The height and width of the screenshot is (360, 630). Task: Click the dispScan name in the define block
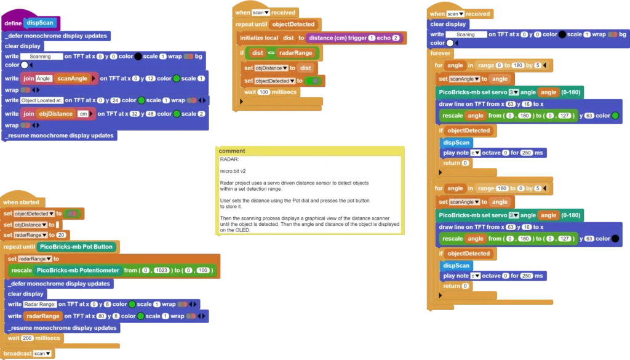point(40,23)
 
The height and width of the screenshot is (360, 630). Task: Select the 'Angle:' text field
point(44,79)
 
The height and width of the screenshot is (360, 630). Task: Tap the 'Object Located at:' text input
point(42,100)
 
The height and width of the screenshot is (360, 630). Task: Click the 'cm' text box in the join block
point(83,114)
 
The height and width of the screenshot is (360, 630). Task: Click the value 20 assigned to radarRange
point(61,235)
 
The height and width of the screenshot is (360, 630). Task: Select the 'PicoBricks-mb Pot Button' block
point(76,247)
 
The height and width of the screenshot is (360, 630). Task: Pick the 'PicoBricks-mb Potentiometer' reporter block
point(78,270)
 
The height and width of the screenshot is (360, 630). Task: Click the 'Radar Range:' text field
point(39,305)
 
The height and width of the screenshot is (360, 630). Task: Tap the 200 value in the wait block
point(27,338)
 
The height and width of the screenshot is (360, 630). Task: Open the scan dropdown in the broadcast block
point(42,354)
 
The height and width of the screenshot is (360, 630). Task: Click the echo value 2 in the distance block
point(396,38)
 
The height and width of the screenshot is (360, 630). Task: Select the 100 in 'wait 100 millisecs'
point(263,92)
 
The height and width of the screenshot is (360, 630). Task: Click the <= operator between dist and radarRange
point(271,53)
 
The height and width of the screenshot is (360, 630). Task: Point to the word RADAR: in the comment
point(229,159)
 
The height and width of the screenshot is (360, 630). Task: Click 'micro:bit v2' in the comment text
point(233,171)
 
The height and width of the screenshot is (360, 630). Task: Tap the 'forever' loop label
point(441,53)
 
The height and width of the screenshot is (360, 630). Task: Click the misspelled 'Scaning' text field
point(466,34)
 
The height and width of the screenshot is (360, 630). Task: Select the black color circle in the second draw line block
point(615,239)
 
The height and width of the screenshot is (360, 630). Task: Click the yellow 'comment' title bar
point(310,151)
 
